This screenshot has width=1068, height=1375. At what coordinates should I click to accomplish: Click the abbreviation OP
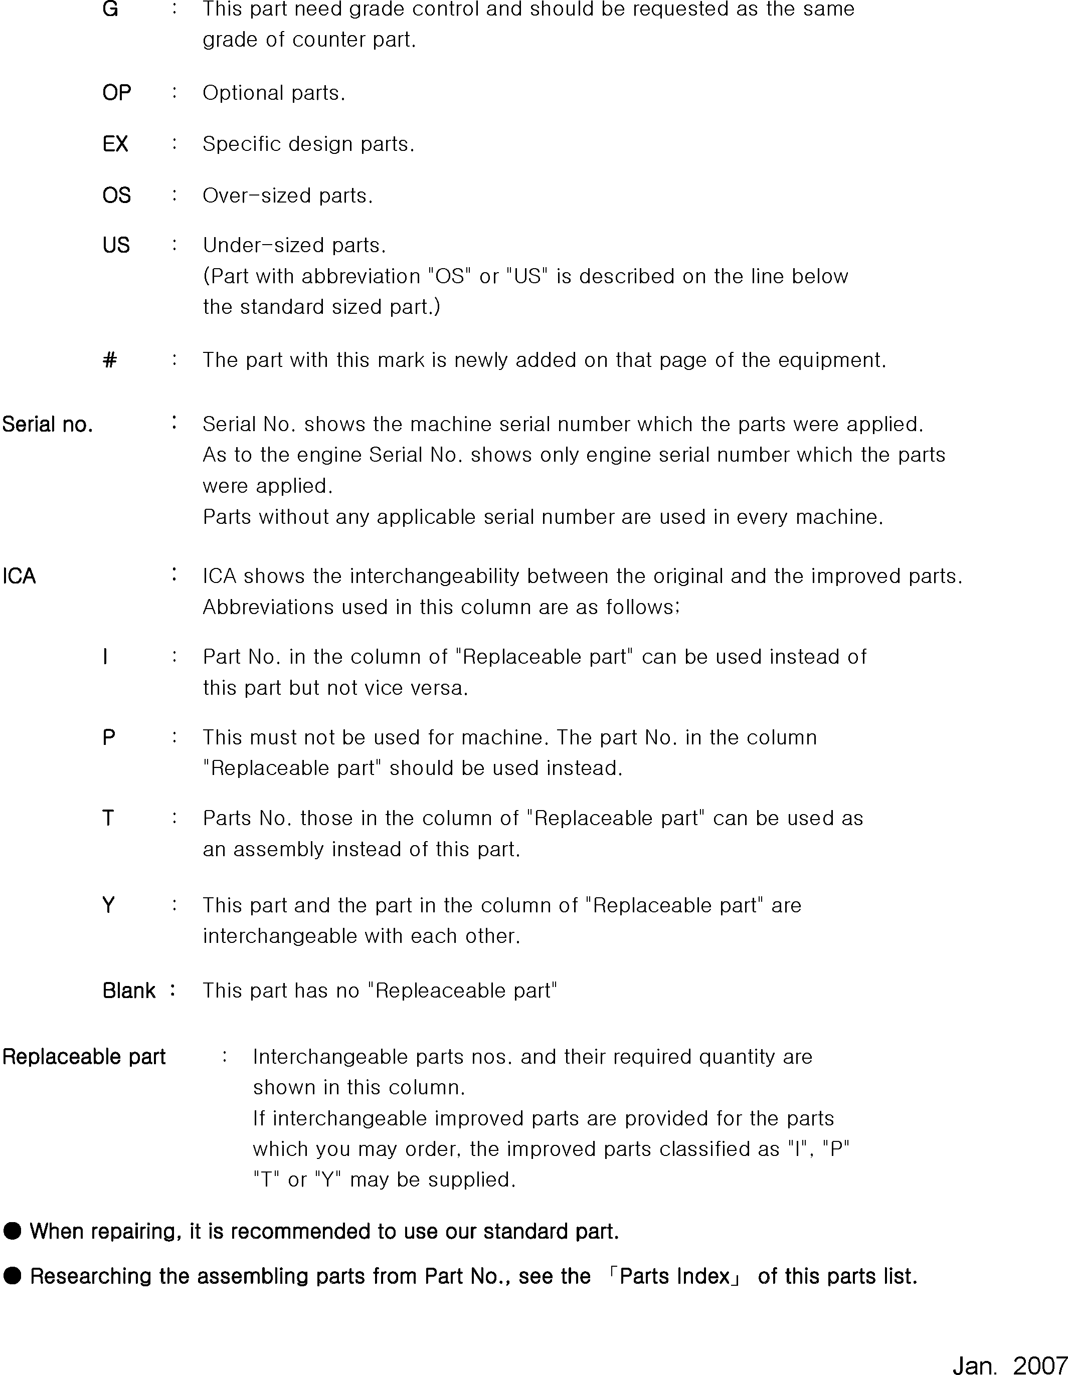point(116,93)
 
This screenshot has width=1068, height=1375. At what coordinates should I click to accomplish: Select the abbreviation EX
point(115,144)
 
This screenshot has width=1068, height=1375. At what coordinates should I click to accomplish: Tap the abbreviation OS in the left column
point(116,196)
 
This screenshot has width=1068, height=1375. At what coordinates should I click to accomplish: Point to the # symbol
point(110,360)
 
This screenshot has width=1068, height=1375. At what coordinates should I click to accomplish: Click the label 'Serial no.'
point(47,425)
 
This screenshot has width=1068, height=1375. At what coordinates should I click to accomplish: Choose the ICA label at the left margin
point(19,576)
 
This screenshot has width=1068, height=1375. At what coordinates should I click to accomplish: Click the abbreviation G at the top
point(110,10)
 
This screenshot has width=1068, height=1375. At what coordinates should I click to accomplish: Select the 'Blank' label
point(128,991)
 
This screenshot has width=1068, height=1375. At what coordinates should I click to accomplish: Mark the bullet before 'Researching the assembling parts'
point(12,1276)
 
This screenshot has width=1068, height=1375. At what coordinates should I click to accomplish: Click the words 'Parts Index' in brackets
point(674,1276)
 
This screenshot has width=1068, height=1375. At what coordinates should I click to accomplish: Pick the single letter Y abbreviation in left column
point(108,905)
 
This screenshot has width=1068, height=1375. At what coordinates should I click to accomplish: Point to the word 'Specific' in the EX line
point(242,144)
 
